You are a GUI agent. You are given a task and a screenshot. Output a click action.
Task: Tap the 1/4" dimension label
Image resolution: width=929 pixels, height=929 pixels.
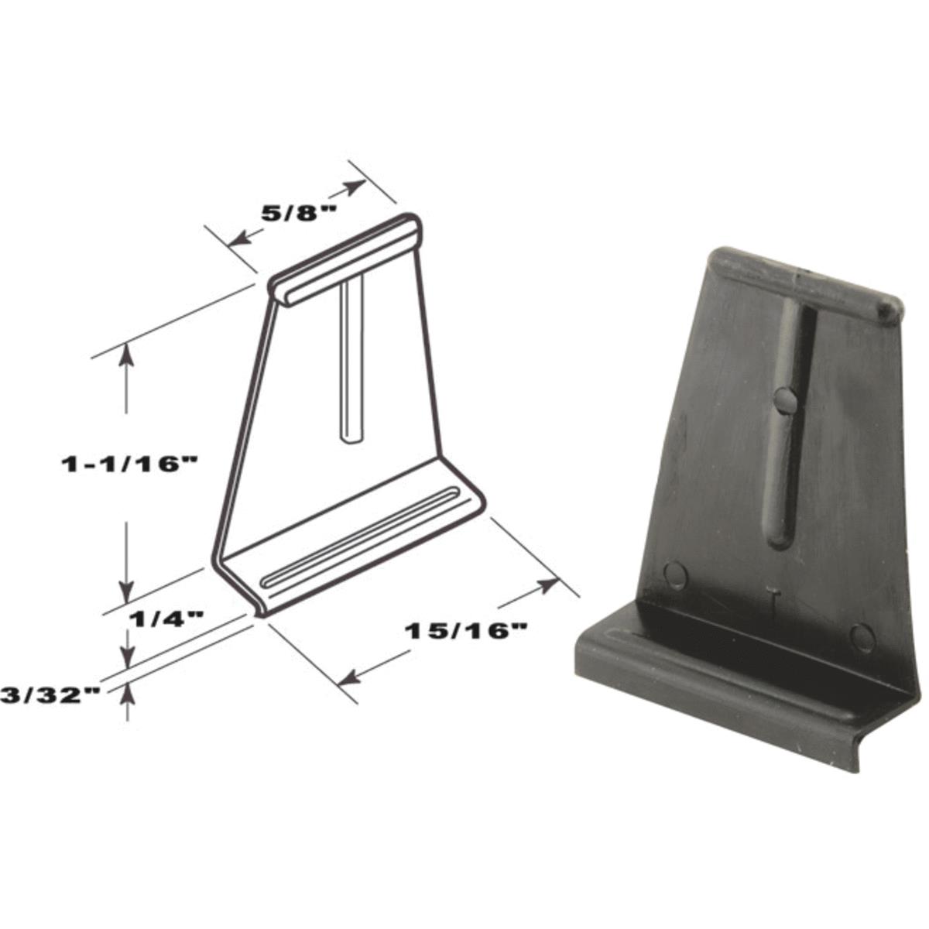point(166,618)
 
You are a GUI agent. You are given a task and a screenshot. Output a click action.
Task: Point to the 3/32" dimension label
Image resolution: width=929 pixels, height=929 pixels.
point(52,694)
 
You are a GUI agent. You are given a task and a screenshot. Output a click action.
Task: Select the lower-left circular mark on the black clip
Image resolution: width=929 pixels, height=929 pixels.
point(676,574)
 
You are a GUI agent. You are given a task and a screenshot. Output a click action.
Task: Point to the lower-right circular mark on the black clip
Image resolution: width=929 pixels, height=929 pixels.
point(862,636)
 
